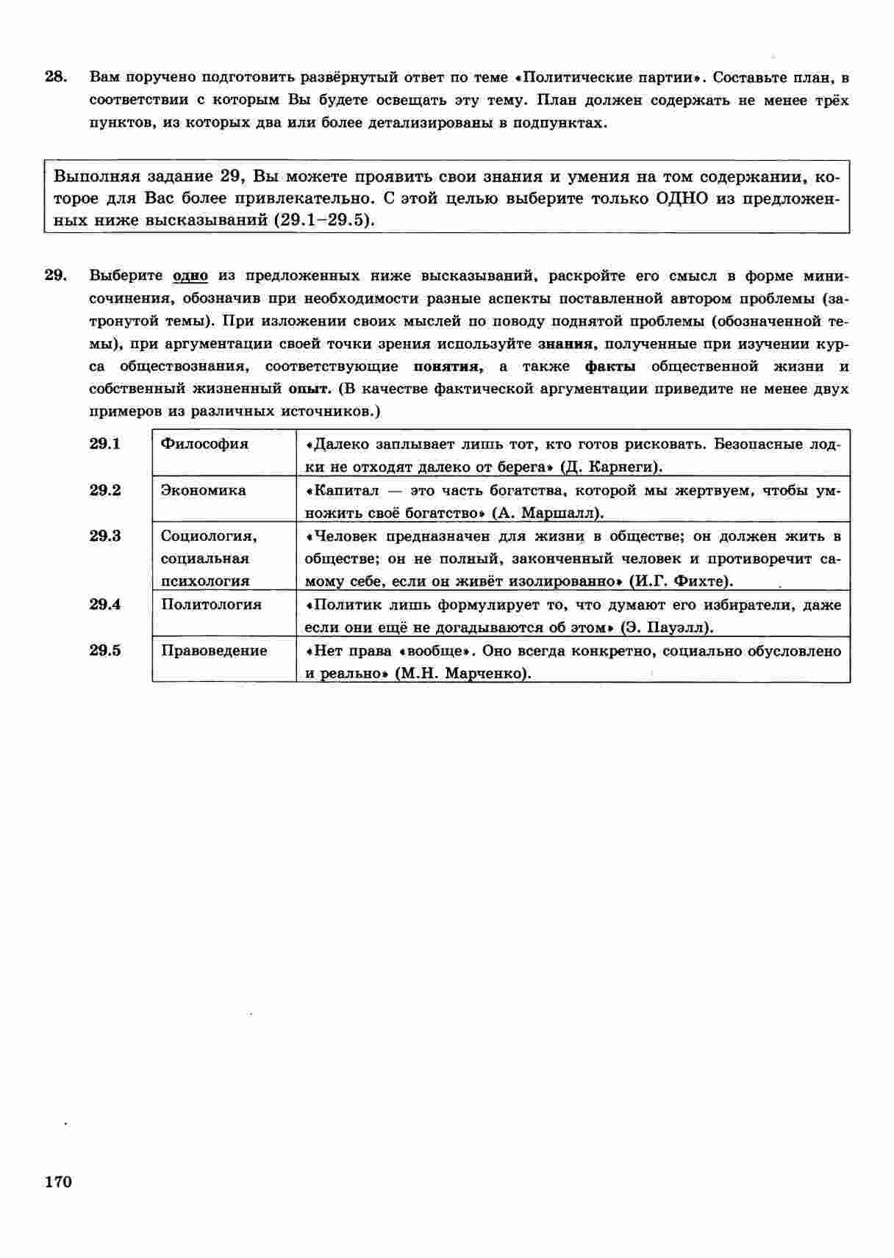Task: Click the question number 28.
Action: (56, 77)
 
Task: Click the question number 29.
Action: (56, 276)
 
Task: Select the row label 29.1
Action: (105, 444)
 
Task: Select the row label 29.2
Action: (105, 490)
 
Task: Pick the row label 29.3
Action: (105, 536)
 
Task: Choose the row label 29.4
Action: (105, 605)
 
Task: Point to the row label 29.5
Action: (105, 650)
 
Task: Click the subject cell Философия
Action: (204, 444)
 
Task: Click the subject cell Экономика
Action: (204, 490)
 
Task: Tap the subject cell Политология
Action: (211, 605)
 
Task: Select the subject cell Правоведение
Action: (214, 650)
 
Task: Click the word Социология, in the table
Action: (209, 536)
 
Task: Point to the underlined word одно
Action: (190, 276)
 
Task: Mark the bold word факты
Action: (610, 367)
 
